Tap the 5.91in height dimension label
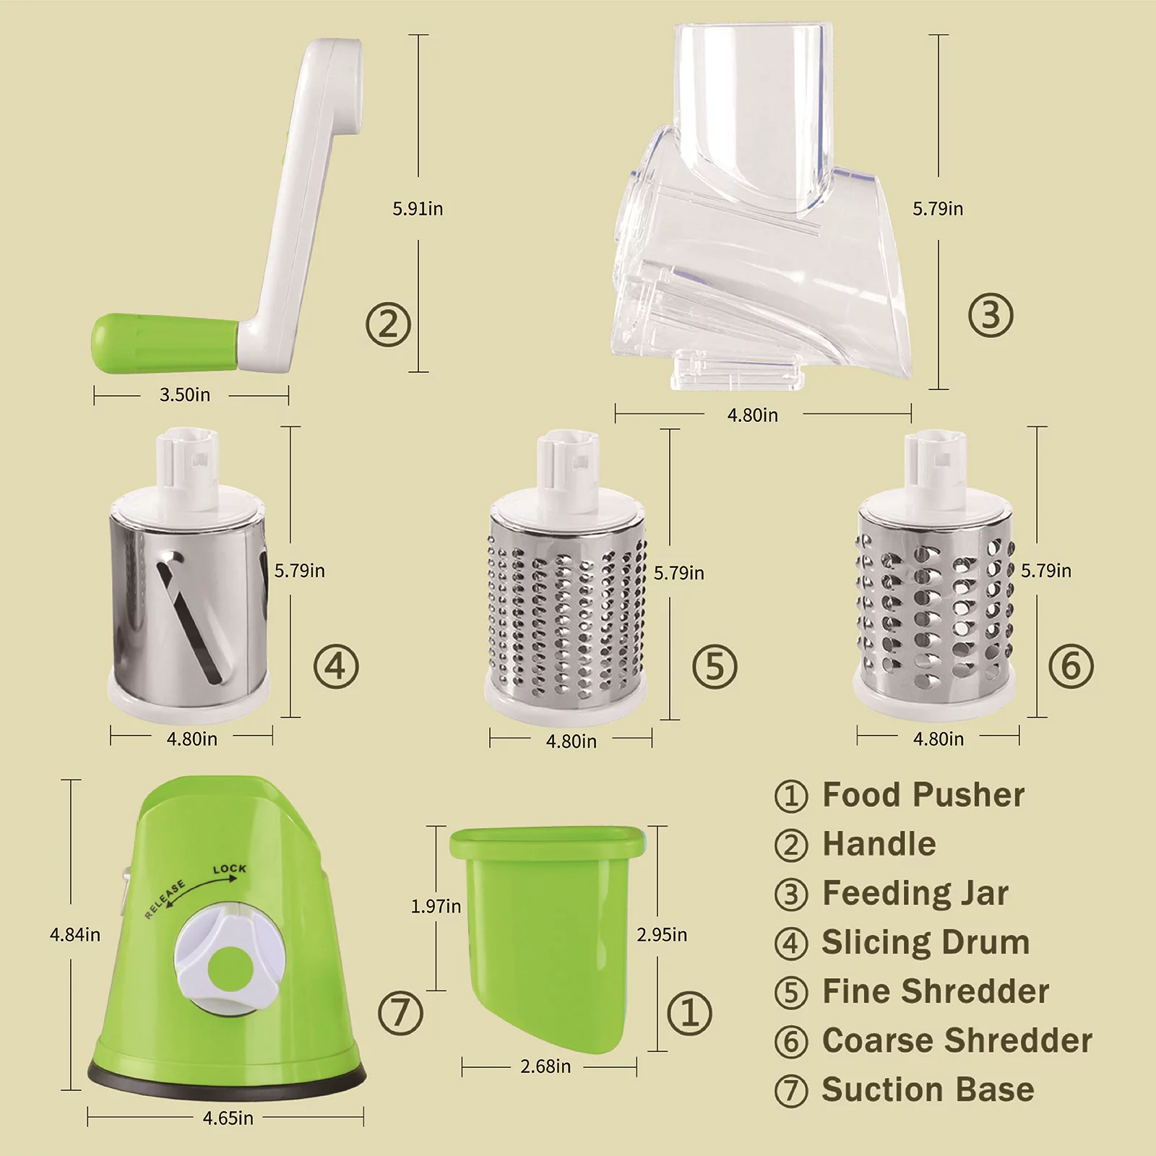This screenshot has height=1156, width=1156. pyautogui.click(x=418, y=209)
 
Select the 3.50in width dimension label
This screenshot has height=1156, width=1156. pyautogui.click(x=185, y=394)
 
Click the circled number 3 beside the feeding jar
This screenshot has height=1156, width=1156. pyautogui.click(x=991, y=316)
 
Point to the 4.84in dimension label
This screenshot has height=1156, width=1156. pyautogui.click(x=75, y=935)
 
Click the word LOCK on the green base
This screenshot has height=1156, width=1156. pyautogui.click(x=230, y=868)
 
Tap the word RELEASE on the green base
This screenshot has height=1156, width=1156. pyautogui.click(x=165, y=900)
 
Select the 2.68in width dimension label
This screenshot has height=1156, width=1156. pyautogui.click(x=545, y=1066)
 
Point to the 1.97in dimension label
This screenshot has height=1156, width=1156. pyautogui.click(x=436, y=906)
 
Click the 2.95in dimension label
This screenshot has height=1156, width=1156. pyautogui.click(x=662, y=935)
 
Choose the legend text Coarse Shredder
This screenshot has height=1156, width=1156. pyautogui.click(x=957, y=1040)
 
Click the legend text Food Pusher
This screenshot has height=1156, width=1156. pyautogui.click(x=923, y=795)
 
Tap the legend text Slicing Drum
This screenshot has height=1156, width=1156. pyautogui.click(x=926, y=942)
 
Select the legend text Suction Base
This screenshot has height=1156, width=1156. pyautogui.click(x=928, y=1090)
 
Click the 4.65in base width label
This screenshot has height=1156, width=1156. pyautogui.click(x=228, y=1118)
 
